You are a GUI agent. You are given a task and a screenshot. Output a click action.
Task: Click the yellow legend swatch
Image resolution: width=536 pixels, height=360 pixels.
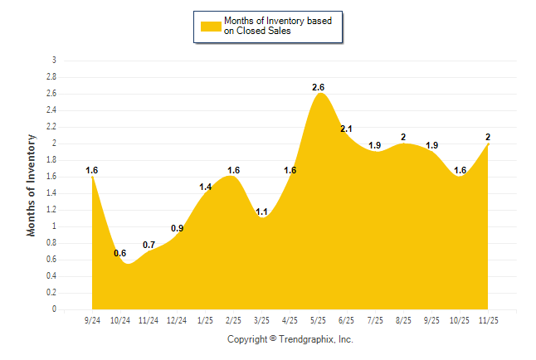(211, 26)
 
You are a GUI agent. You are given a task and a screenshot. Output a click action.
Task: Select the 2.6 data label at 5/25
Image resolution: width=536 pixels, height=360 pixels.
(319, 87)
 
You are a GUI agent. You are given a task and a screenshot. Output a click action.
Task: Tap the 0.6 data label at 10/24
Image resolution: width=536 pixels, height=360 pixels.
(120, 253)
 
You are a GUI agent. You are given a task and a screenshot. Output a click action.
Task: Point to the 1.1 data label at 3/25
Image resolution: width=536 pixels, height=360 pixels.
(261, 212)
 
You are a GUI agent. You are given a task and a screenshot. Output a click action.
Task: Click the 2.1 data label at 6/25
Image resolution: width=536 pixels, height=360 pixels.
(347, 129)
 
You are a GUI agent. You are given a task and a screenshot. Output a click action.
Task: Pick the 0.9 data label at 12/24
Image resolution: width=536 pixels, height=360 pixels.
(177, 228)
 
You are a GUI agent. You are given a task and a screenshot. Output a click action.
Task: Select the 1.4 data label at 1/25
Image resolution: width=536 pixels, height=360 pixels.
(205, 187)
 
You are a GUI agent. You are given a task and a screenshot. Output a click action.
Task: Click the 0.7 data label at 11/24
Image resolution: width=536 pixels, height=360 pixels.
(149, 245)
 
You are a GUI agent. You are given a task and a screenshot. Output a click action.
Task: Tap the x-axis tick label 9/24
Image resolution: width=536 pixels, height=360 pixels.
(93, 319)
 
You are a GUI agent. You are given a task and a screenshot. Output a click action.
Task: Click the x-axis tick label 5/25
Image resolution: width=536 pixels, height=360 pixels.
(319, 319)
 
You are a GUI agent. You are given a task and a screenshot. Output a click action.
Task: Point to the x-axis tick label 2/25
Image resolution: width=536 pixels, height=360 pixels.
(234, 319)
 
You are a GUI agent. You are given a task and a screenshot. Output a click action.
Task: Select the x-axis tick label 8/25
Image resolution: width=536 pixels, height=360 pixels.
(403, 319)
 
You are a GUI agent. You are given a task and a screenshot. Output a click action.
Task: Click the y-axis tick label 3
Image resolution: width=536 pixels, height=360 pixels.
(54, 61)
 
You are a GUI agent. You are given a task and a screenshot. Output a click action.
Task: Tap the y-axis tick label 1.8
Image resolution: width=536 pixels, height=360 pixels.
(51, 160)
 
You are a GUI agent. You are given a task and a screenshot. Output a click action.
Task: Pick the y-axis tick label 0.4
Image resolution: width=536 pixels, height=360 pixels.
(51, 276)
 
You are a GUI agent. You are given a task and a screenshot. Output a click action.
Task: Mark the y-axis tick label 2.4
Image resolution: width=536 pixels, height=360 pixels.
(51, 110)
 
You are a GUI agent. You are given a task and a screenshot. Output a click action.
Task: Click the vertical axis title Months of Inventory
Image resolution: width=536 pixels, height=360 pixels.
(32, 185)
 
